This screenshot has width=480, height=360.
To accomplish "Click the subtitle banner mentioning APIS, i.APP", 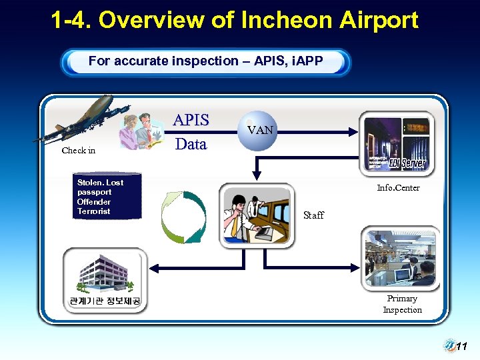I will pos(205,61).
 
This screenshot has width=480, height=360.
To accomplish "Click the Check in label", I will pos(79,151).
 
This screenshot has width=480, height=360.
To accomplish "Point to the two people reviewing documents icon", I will pos(141,129).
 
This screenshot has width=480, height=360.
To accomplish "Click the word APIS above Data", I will pos(191,121).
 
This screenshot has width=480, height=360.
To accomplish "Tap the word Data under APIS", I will pos(191,144).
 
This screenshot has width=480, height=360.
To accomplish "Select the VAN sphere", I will pos(260,131).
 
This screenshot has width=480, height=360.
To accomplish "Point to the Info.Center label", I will pos(398,188).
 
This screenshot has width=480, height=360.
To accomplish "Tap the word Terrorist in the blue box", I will pos(93,211).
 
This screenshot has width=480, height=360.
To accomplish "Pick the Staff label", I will pos(313,215).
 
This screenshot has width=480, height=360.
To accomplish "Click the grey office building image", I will pos(104,272).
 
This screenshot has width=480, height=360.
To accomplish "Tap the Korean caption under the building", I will pos(105,301).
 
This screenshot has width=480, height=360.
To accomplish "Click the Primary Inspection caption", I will pos(402,304).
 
